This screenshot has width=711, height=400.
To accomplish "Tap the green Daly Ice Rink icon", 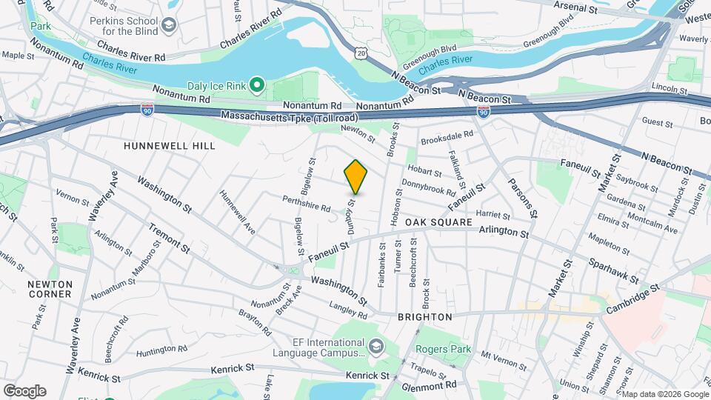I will [256, 86].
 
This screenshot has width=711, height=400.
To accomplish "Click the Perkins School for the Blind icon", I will [169, 27].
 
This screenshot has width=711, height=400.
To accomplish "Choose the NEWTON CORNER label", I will [50, 289].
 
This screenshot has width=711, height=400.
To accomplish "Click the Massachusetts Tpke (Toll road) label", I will [290, 116].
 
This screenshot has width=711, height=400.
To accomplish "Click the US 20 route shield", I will [361, 52].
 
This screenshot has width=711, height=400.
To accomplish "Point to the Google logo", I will [24, 390].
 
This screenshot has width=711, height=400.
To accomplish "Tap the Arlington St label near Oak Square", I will [504, 233].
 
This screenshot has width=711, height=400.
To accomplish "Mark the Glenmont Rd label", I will [430, 385].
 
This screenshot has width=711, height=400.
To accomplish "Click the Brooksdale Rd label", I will [447, 136].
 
